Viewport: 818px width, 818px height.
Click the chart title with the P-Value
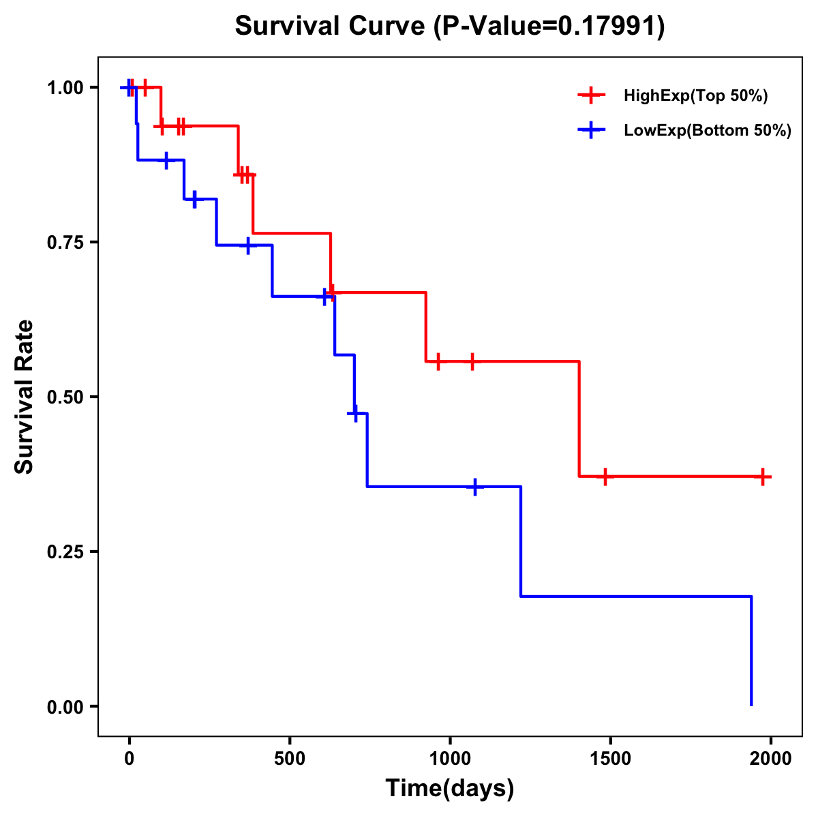[x=450, y=27]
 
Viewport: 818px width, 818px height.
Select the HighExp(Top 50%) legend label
[x=695, y=96]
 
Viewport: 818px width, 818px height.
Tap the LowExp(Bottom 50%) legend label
[x=708, y=130]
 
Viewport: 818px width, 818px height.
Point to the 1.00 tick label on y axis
[x=65, y=88]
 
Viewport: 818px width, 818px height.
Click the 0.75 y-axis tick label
[x=65, y=243]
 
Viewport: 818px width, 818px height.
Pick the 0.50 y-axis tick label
[x=65, y=397]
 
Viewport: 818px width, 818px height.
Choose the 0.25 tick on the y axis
[x=65, y=552]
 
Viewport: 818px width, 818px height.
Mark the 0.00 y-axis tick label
[x=65, y=707]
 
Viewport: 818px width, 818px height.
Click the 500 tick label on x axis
[x=290, y=759]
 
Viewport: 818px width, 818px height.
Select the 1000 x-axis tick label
[x=450, y=759]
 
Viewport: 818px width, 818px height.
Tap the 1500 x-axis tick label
[x=610, y=759]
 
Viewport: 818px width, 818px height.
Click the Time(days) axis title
[x=450, y=789]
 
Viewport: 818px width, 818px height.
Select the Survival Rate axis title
[x=25, y=397]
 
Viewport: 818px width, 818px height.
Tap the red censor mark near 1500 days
[x=604, y=476]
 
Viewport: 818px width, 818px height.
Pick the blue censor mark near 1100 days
[x=475, y=487]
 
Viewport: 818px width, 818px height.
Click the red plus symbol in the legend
[x=592, y=96]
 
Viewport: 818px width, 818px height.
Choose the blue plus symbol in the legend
[x=592, y=130]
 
